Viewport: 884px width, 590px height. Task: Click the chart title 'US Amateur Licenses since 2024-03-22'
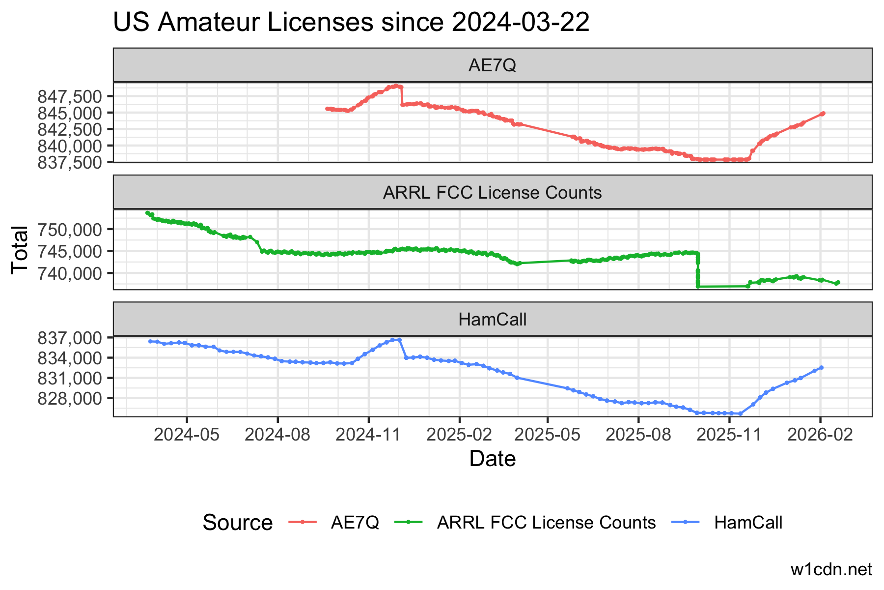point(351,23)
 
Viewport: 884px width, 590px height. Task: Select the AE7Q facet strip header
point(492,65)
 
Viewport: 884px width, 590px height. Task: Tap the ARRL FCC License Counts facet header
point(492,192)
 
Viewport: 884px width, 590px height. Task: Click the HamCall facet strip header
point(492,320)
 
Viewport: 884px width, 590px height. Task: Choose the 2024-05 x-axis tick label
point(187,435)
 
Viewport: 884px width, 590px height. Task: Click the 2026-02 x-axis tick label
point(820,435)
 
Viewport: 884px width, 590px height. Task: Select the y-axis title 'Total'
point(20,249)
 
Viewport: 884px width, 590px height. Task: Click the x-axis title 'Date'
point(492,459)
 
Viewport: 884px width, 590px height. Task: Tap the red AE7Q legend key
point(303,522)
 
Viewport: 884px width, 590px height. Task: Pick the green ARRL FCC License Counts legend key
point(409,522)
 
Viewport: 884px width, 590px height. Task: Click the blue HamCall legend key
point(686,522)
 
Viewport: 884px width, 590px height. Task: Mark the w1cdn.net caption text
point(831,569)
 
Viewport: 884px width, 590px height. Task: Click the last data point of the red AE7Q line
point(823,114)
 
